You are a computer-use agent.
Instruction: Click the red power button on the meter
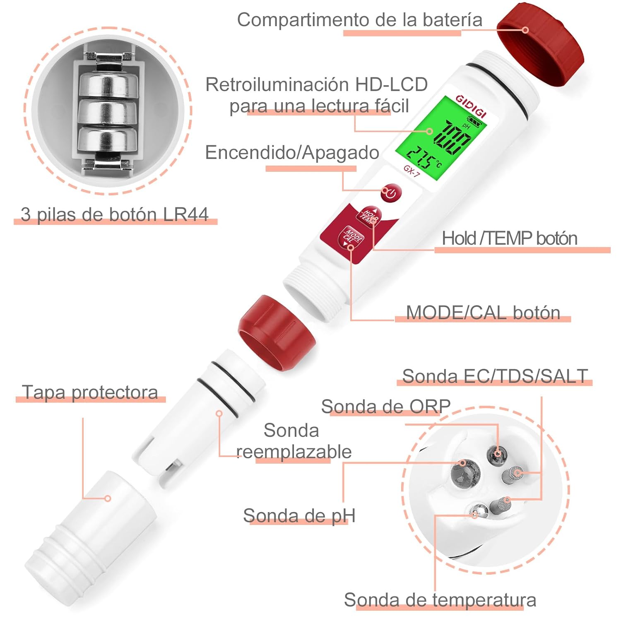tap(391, 193)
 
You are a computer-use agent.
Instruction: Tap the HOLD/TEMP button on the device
tap(368, 215)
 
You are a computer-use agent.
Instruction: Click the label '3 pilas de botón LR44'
tap(115, 214)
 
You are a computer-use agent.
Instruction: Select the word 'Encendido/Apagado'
tap(292, 152)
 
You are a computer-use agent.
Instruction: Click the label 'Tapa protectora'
tap(90, 392)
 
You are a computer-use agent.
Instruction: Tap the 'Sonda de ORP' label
tap(386, 407)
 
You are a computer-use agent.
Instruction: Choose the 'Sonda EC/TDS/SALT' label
tap(495, 376)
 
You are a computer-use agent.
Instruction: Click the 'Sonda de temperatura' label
tap(440, 599)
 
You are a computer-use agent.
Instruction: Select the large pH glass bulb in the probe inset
tap(465, 474)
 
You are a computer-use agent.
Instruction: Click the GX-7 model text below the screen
tap(412, 171)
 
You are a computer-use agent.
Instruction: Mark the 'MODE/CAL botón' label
tap(483, 313)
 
